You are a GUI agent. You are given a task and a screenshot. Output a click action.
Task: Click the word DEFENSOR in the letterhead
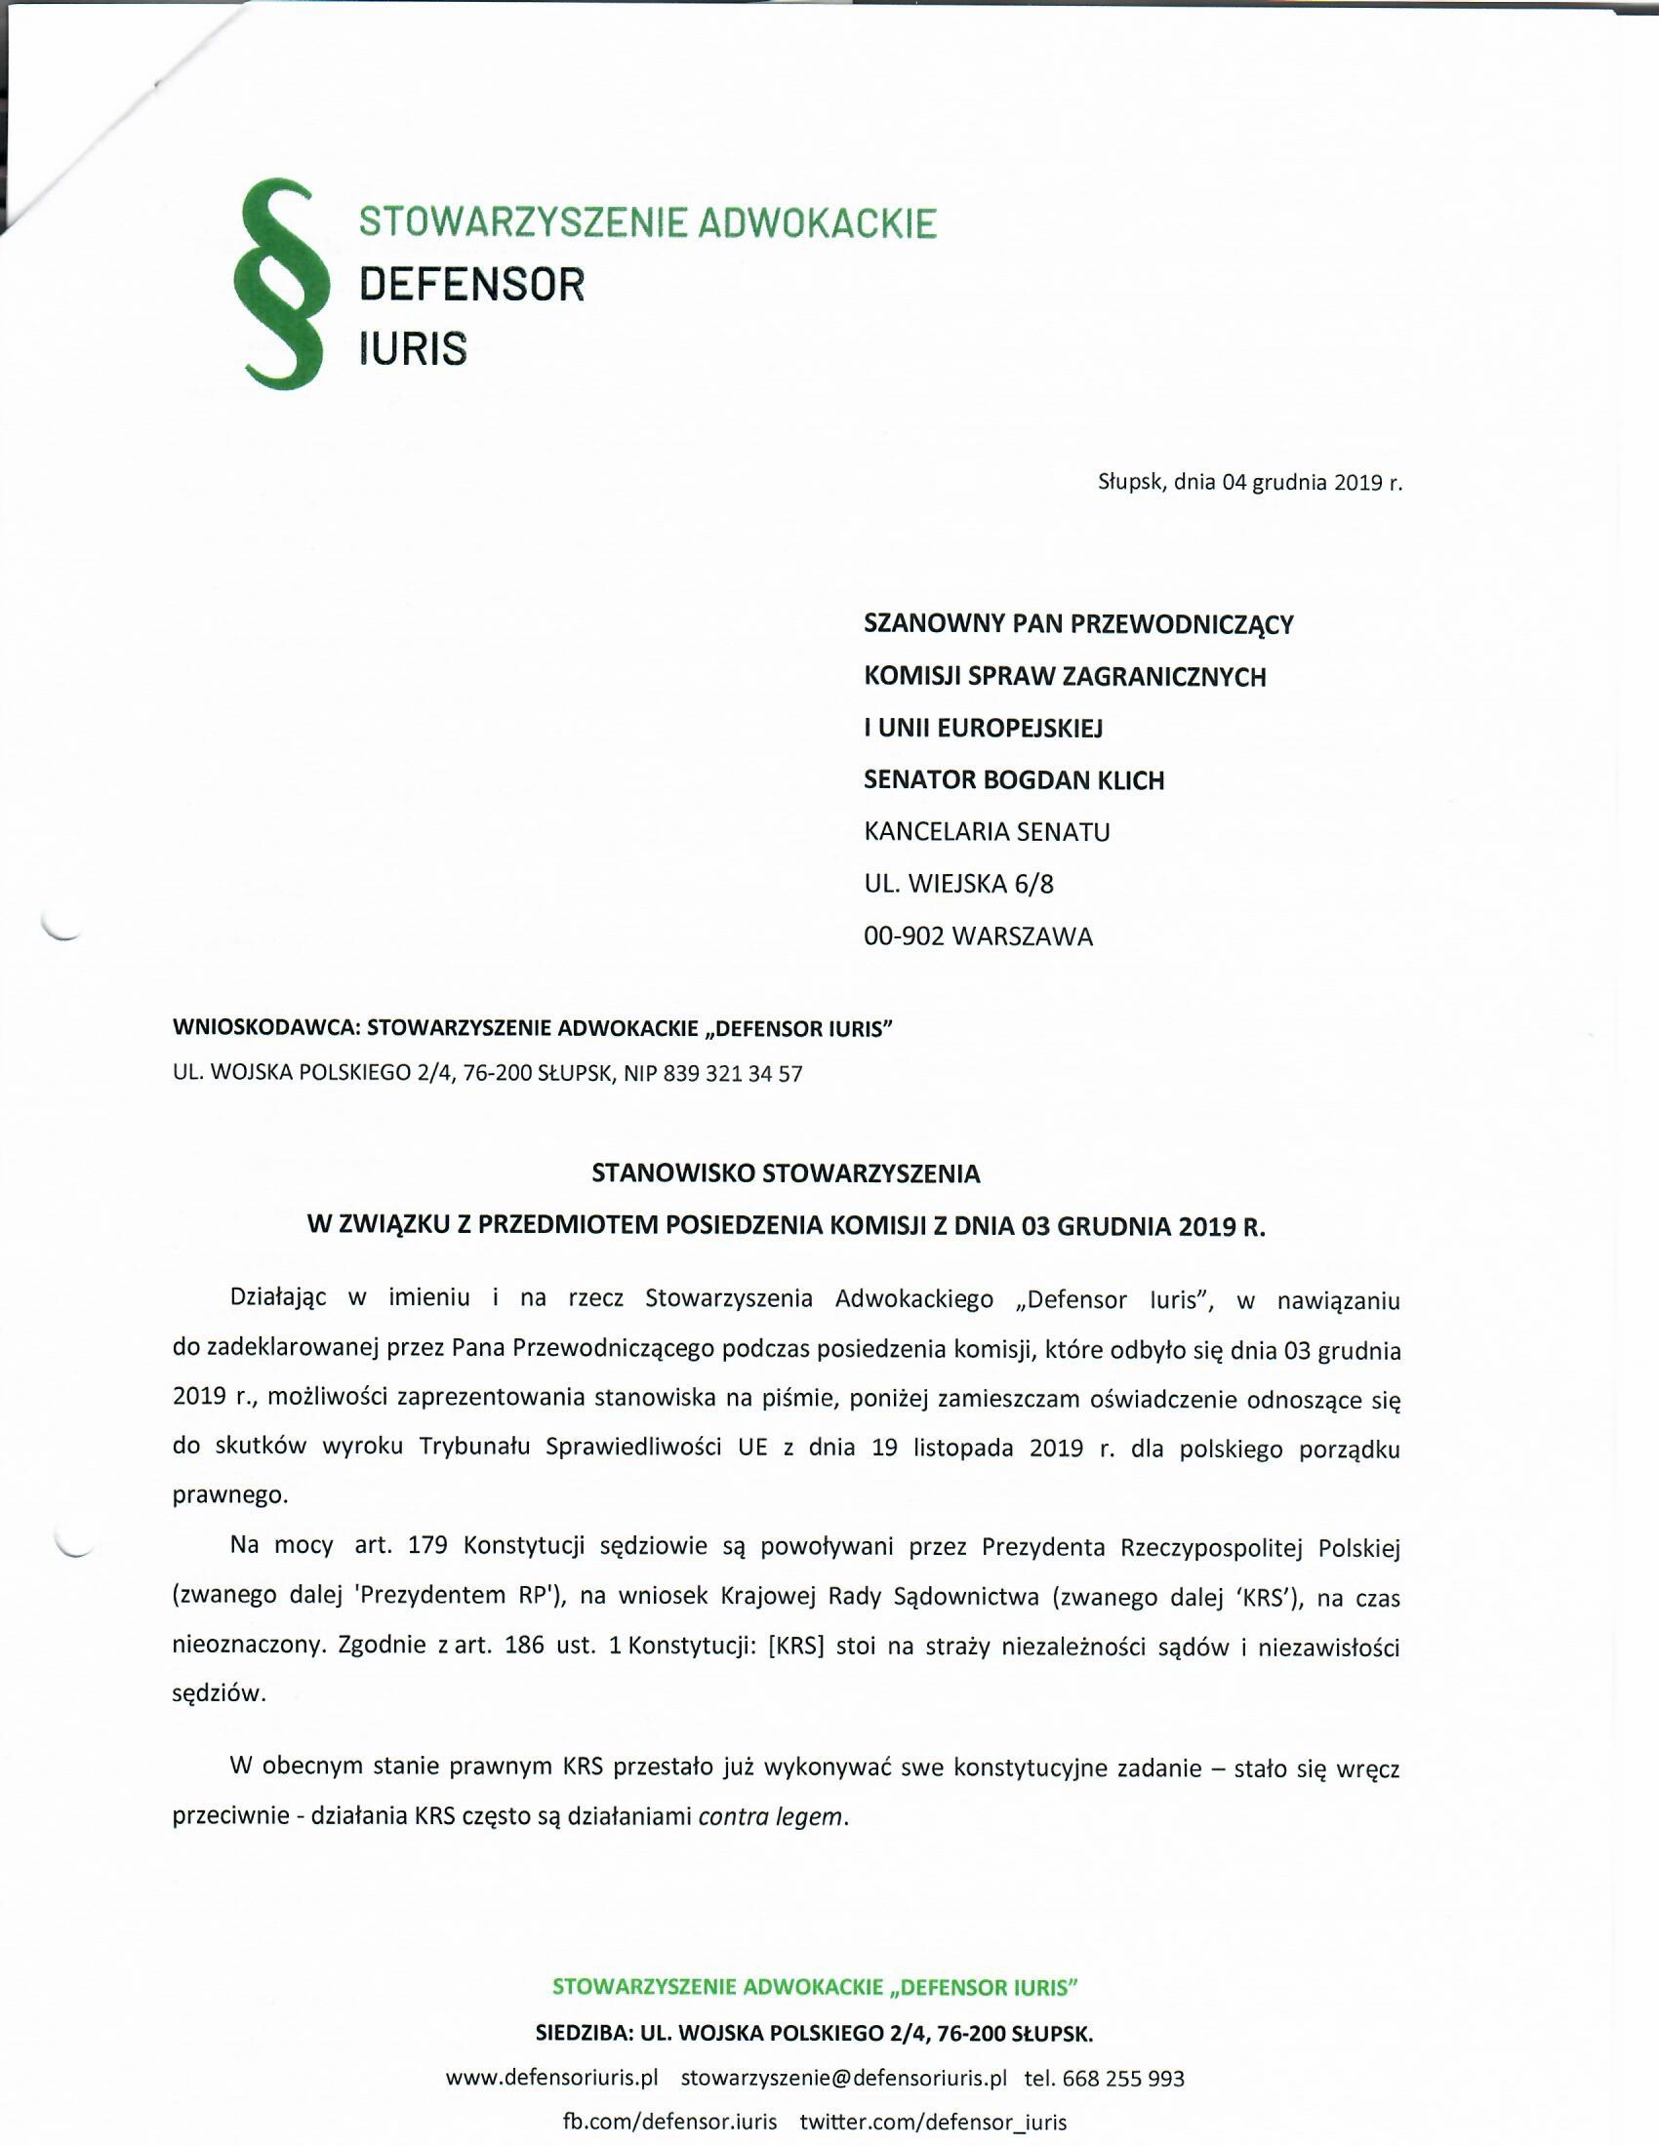pyautogui.click(x=471, y=285)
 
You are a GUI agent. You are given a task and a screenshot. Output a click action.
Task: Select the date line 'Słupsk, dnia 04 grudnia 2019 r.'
pyautogui.click(x=1249, y=483)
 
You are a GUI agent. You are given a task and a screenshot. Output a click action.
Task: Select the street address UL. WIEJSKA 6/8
pyautogui.click(x=958, y=885)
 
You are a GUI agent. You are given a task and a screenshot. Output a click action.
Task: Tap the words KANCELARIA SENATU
pyautogui.click(x=987, y=832)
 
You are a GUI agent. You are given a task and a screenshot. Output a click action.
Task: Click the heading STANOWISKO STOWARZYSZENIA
pyautogui.click(x=787, y=1173)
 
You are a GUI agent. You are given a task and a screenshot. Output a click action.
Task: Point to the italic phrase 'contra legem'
pyautogui.click(x=771, y=1817)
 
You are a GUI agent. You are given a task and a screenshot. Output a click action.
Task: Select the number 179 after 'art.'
pyautogui.click(x=427, y=1546)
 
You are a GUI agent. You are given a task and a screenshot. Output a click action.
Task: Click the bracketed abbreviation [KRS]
pyautogui.click(x=792, y=1646)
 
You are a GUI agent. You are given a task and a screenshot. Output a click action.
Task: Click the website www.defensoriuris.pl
pyautogui.click(x=551, y=2078)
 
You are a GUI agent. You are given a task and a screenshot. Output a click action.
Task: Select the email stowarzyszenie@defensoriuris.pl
pyautogui.click(x=844, y=2078)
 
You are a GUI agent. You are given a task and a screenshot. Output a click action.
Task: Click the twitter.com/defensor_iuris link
pyautogui.click(x=933, y=2122)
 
